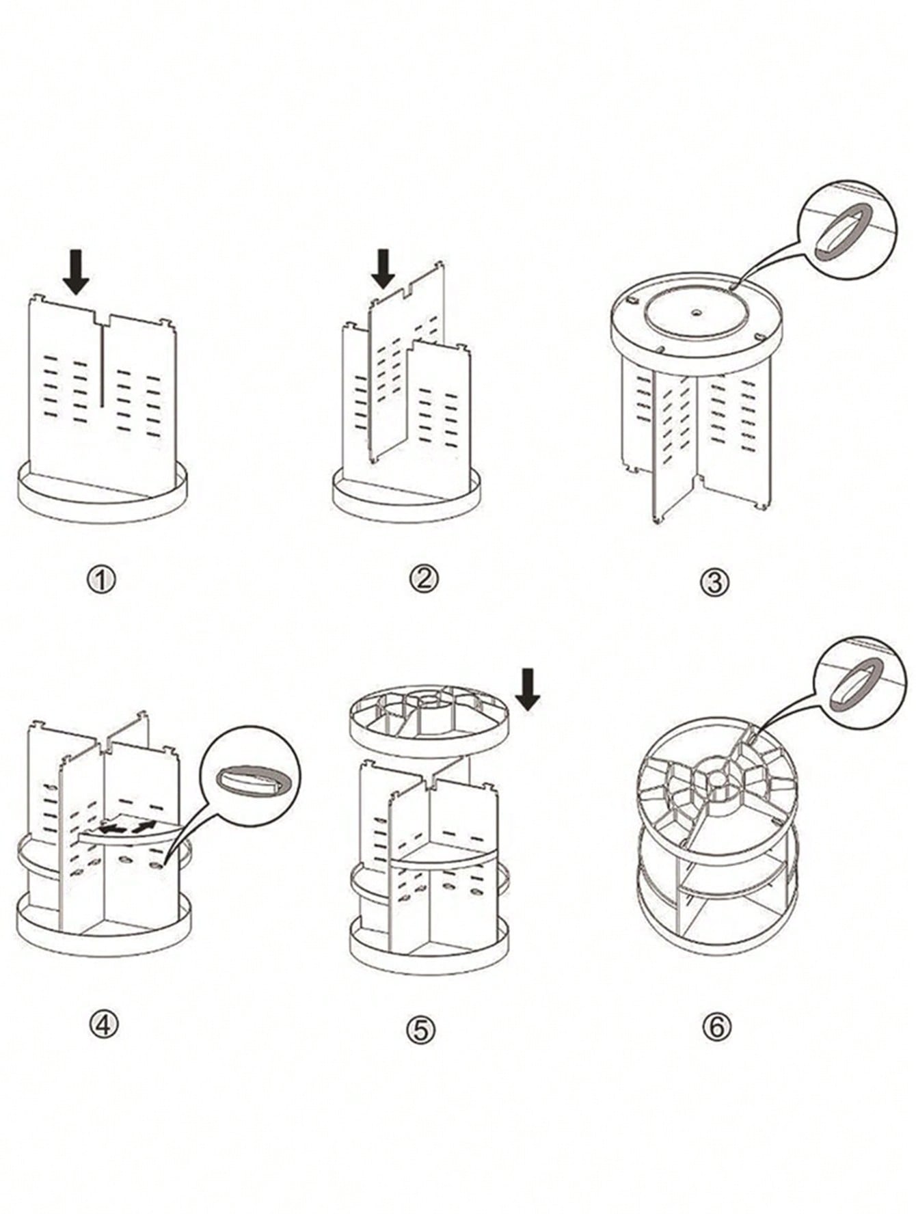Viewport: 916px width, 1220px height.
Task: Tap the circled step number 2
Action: point(423,580)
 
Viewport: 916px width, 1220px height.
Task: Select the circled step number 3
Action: point(715,583)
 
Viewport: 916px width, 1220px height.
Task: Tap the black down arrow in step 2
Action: point(383,269)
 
